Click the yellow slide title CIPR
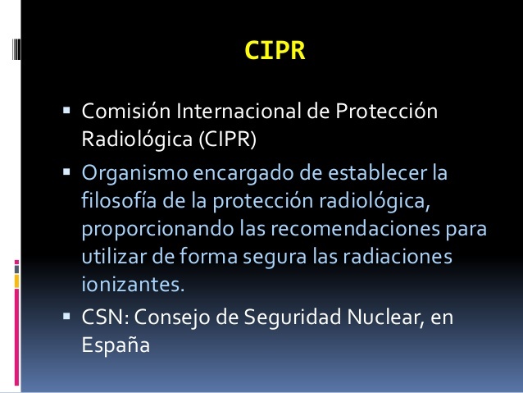pyautogui.click(x=275, y=51)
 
